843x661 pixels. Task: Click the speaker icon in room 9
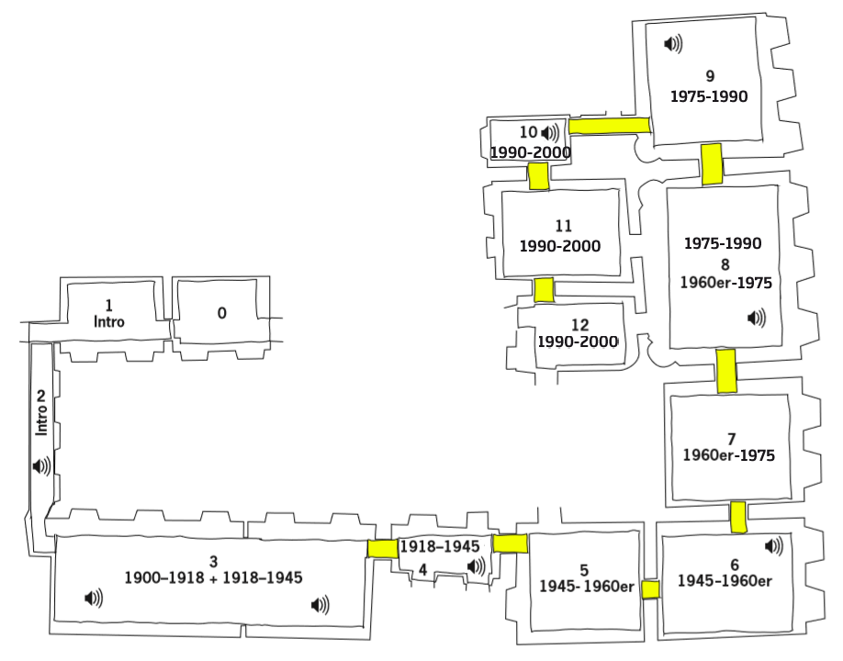click(x=674, y=43)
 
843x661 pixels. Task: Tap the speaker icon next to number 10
click(x=550, y=133)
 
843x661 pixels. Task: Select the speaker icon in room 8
click(x=757, y=318)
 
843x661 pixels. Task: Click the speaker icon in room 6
click(x=774, y=546)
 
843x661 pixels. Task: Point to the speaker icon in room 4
click(x=477, y=567)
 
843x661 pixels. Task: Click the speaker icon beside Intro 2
click(x=42, y=466)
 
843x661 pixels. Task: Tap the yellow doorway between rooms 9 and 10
click(x=610, y=126)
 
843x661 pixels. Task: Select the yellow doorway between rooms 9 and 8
click(x=712, y=164)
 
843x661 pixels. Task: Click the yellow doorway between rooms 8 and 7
click(x=726, y=371)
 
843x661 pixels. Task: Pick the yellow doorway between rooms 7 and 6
click(x=737, y=517)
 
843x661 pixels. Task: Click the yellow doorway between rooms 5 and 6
click(x=651, y=589)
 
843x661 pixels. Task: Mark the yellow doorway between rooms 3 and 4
click(x=381, y=548)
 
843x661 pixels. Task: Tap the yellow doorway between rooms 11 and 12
click(x=544, y=290)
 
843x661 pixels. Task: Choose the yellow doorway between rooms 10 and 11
click(x=538, y=175)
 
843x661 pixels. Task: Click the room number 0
click(x=221, y=313)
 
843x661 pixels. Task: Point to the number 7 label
click(x=731, y=438)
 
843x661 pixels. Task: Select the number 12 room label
click(x=579, y=324)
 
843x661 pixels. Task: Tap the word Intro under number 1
click(x=109, y=321)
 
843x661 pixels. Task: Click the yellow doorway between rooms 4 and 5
click(x=510, y=543)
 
